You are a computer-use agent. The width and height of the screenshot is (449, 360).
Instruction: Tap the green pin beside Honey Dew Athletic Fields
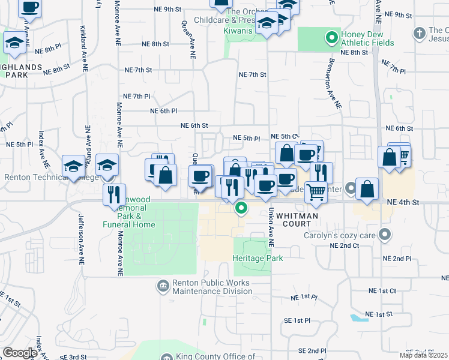click(330, 39)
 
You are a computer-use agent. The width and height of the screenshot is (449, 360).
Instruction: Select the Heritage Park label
click(258, 258)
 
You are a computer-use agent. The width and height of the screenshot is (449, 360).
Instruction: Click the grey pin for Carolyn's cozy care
click(385, 235)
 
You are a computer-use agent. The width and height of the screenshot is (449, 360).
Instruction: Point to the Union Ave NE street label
click(271, 228)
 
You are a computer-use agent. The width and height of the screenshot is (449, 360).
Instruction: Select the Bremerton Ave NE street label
click(334, 84)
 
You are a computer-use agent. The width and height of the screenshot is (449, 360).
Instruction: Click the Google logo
click(20, 353)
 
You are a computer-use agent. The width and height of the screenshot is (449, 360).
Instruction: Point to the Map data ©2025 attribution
click(423, 355)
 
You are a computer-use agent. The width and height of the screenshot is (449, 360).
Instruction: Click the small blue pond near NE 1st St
click(358, 317)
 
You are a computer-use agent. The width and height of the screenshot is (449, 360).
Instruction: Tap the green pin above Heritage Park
click(241, 208)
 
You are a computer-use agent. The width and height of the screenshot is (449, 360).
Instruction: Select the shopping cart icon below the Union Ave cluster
click(316, 192)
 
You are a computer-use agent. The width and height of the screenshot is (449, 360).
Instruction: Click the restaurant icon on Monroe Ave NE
click(114, 194)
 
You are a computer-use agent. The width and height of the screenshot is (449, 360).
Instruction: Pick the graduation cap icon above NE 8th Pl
click(14, 43)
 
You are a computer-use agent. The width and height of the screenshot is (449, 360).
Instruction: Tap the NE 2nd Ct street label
click(345, 246)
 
